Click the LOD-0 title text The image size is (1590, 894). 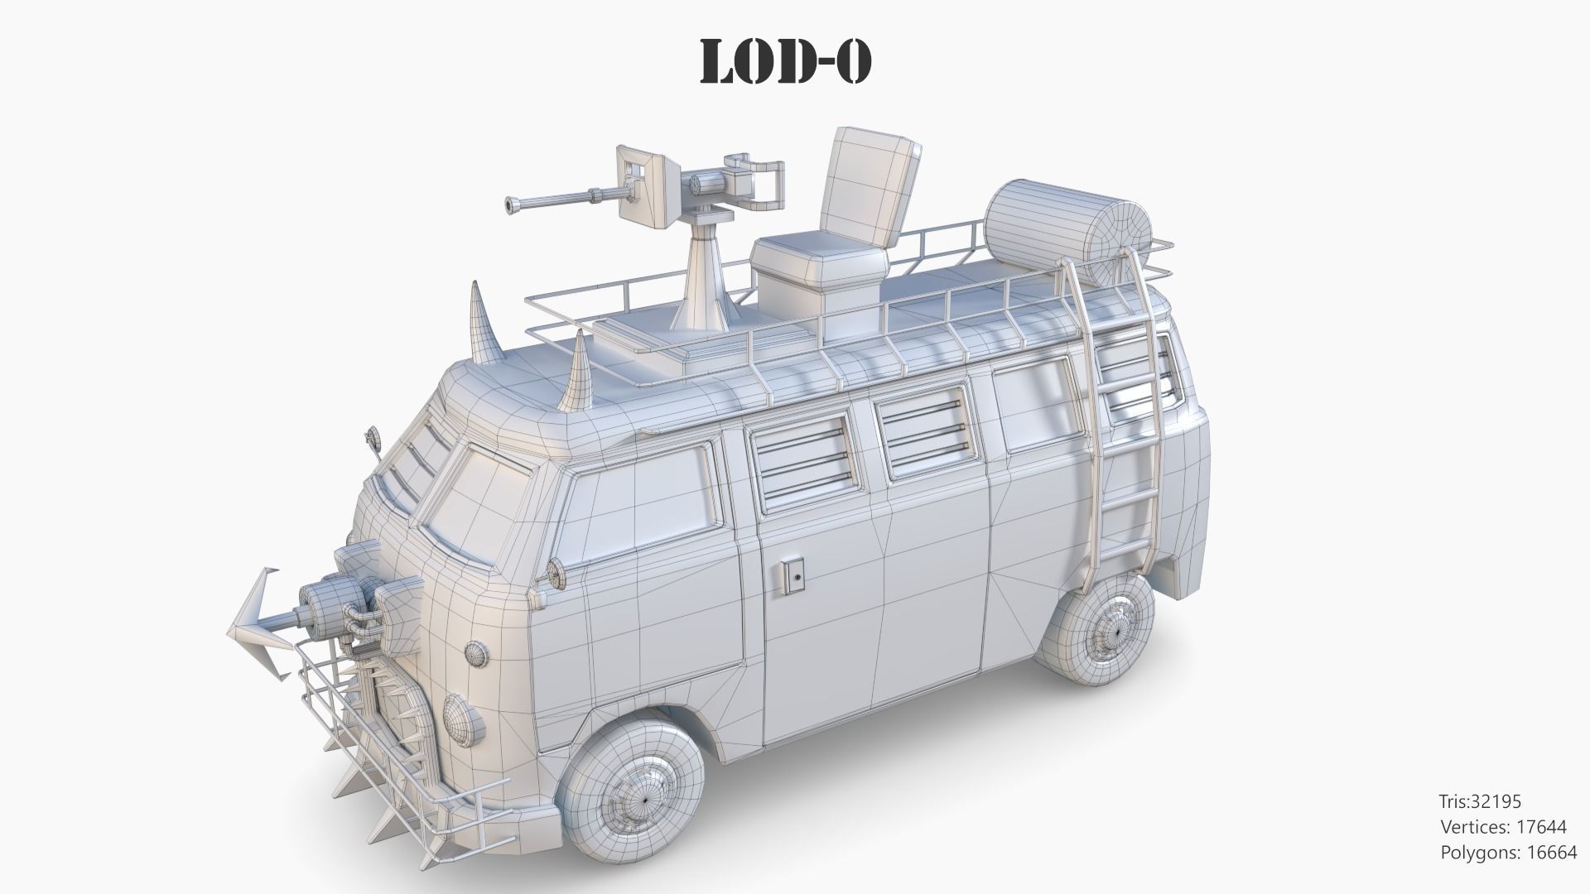click(785, 60)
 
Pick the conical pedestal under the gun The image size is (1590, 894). click(704, 281)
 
